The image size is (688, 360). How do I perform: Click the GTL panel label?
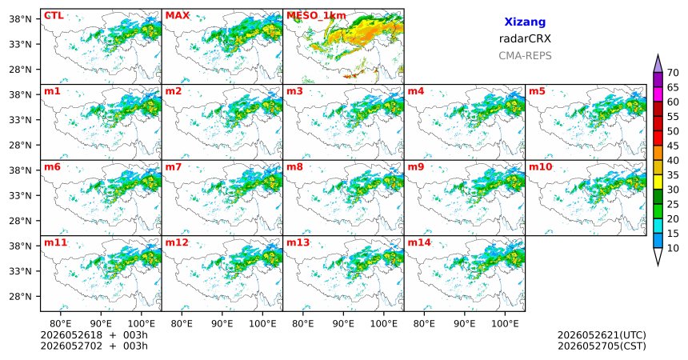point(54,16)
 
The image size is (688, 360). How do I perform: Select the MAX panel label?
point(178,16)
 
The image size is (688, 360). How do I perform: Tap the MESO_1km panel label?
point(316,16)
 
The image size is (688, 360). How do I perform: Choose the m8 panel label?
point(294,167)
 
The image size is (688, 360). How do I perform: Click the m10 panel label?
point(541,167)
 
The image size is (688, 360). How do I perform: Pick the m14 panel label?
point(419,242)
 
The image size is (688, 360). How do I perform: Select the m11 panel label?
point(56,242)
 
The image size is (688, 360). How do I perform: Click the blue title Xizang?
point(525,22)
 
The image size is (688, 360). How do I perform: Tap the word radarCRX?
point(525,38)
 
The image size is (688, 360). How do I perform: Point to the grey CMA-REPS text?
point(525,56)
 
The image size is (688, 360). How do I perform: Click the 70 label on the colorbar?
point(673,73)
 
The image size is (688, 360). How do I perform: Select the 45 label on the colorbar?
point(673,146)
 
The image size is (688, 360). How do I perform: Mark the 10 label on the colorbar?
point(673,248)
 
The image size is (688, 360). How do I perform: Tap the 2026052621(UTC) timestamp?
point(602,335)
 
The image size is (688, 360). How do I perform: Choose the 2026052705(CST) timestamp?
point(602,346)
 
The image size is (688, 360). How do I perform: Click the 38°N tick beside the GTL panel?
point(20,19)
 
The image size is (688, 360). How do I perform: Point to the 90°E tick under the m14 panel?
point(465,324)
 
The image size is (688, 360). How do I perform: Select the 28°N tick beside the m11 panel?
point(20,296)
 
